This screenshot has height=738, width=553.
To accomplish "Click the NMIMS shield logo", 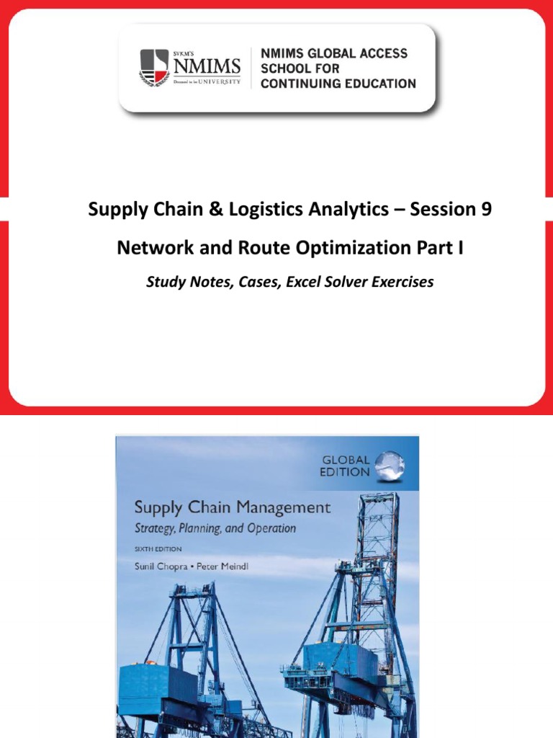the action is coord(154,68).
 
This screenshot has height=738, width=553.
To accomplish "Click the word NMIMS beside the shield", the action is coord(207,66).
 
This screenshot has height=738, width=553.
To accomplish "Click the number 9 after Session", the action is coord(486,208).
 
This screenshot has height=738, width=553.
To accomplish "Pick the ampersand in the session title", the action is coord(215,209).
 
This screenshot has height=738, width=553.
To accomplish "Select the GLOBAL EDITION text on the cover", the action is coord(345,466).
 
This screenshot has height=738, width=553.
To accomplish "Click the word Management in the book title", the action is coord(284,508).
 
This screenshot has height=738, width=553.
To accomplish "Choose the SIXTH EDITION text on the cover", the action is coord(158,548).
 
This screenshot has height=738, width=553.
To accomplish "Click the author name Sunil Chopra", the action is coord(161,566).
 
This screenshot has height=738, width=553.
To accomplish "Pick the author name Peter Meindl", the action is coord(222,566).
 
